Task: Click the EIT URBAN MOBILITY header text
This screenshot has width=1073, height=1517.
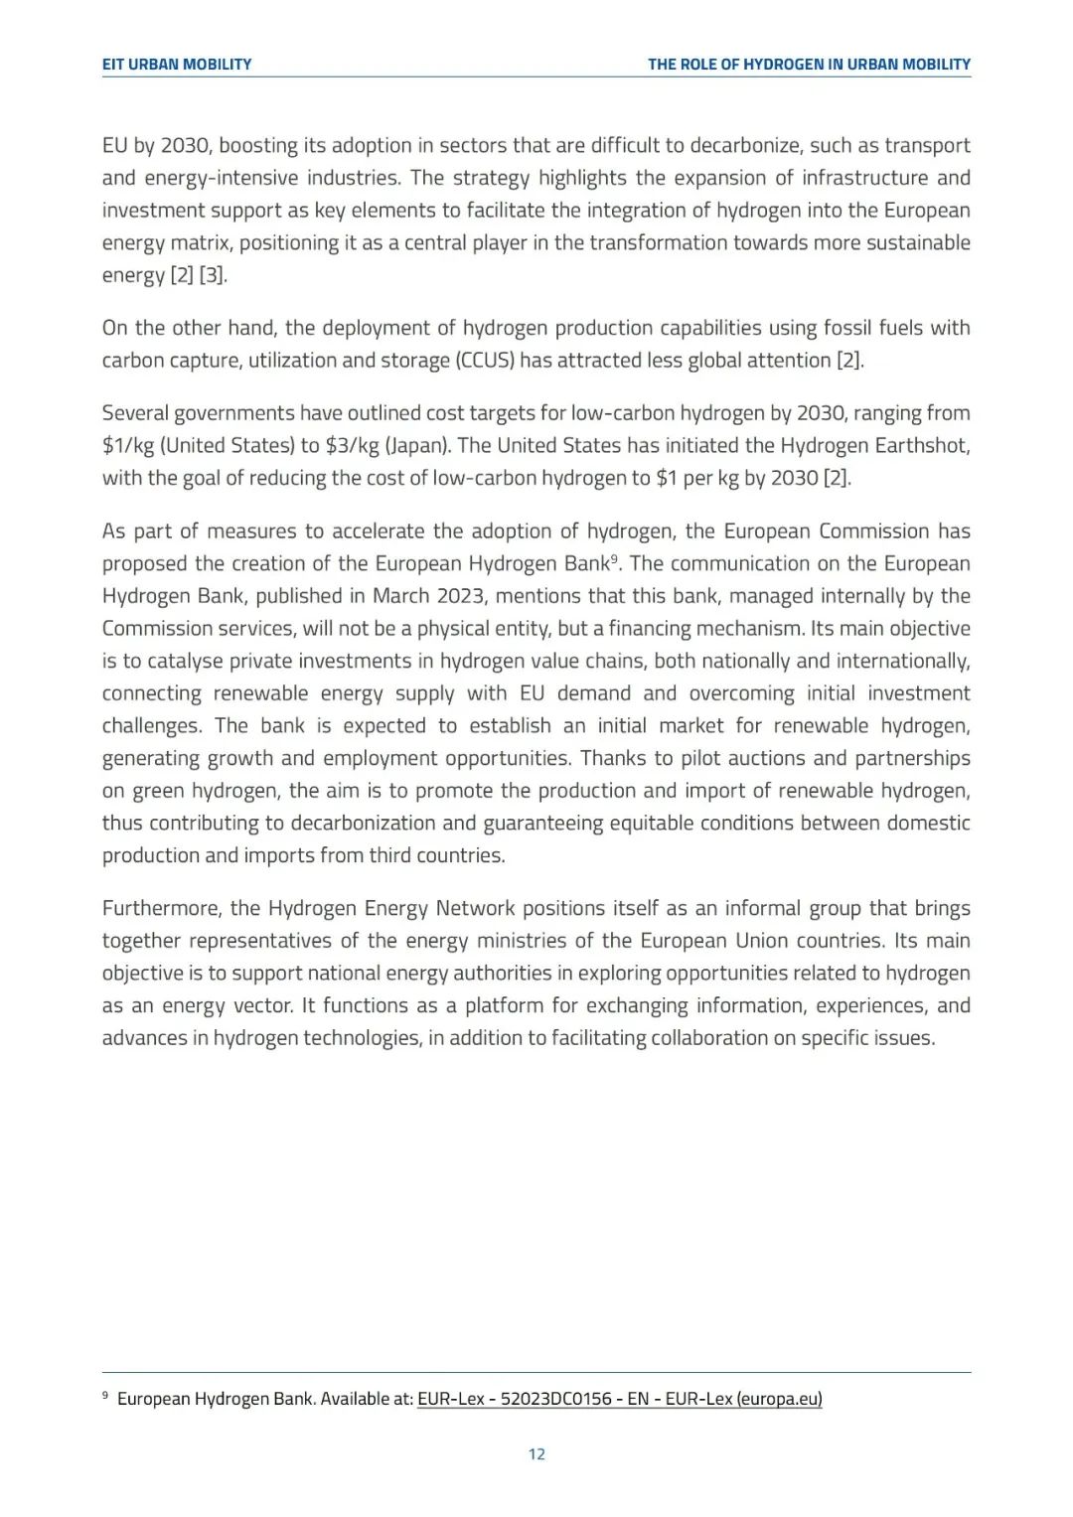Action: (x=177, y=65)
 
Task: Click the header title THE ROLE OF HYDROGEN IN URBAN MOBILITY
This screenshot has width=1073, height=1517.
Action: (x=809, y=65)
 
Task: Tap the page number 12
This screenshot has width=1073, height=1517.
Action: (x=536, y=1454)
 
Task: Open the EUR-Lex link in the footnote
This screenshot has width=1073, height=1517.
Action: (x=619, y=1399)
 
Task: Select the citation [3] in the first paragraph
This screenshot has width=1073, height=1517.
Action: (x=213, y=275)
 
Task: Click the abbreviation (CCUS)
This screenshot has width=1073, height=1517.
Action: (x=485, y=361)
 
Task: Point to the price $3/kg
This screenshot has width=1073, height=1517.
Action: (x=353, y=446)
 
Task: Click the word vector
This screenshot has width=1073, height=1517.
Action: (x=262, y=1006)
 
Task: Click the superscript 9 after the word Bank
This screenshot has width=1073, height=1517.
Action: (x=615, y=557)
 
